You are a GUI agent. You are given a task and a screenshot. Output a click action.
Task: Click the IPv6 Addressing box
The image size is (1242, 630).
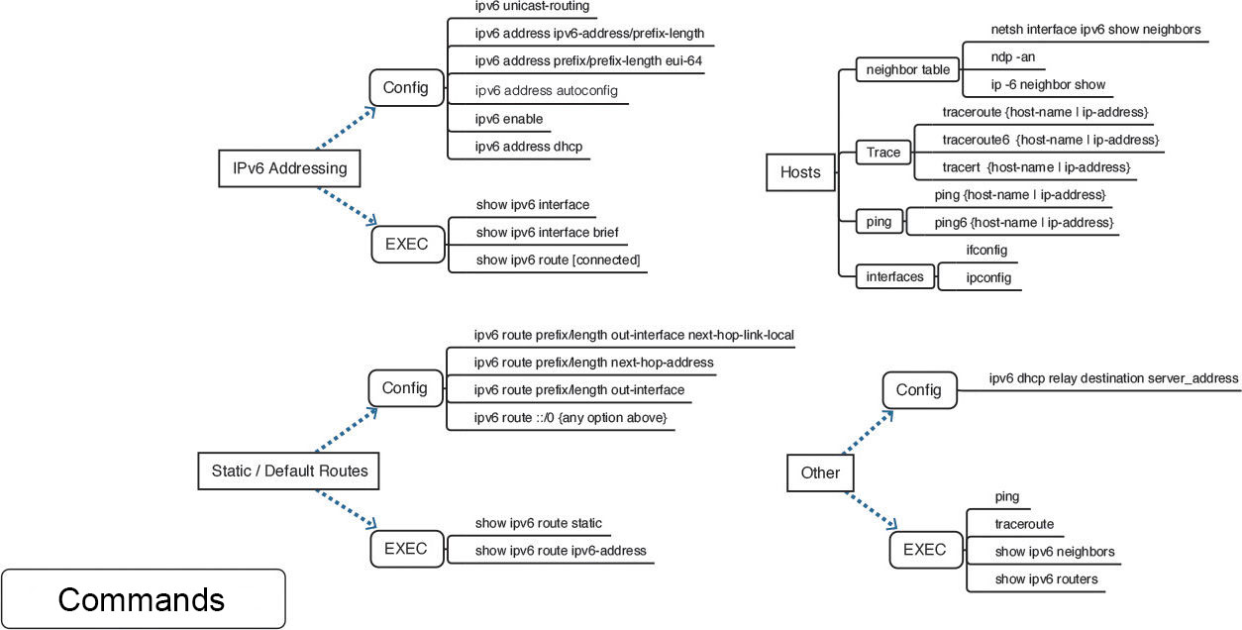click(289, 168)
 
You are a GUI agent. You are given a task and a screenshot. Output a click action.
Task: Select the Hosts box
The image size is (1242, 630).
click(800, 172)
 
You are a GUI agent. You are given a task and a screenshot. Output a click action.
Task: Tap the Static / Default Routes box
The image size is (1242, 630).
click(289, 471)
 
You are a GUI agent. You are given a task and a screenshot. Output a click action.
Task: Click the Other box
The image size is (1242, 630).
click(819, 472)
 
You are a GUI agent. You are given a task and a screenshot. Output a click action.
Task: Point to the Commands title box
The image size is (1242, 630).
click(143, 599)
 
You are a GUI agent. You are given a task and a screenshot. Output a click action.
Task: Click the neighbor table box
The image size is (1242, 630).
click(907, 70)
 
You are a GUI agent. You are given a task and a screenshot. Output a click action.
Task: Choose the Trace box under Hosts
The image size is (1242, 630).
click(883, 153)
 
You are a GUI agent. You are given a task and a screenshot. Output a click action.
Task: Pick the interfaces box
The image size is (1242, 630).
click(895, 276)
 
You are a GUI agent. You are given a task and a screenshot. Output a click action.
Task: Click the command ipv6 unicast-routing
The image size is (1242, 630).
click(532, 6)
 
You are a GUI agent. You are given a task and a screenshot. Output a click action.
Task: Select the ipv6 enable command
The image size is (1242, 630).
click(509, 119)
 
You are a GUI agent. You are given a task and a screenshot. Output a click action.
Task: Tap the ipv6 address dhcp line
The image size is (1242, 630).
click(529, 147)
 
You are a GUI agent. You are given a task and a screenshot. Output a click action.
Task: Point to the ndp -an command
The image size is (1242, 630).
click(1014, 56)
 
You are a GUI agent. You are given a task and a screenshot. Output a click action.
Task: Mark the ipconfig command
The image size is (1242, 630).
click(988, 278)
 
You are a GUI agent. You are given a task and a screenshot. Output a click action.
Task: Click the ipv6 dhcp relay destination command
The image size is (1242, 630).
click(1113, 378)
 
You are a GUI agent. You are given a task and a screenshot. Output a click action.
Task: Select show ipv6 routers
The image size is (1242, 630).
click(1046, 579)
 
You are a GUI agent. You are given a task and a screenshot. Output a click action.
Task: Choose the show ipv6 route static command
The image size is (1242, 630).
click(538, 523)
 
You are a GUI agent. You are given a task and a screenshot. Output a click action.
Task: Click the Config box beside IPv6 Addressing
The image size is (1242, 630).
click(405, 87)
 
